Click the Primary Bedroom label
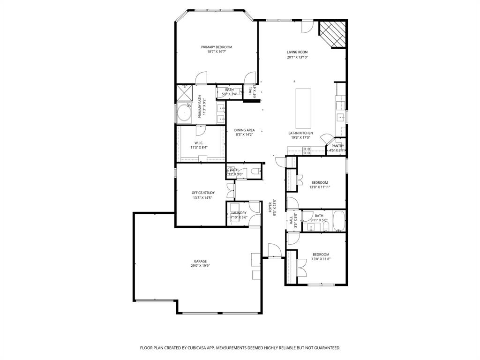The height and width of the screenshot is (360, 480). (x=217, y=47)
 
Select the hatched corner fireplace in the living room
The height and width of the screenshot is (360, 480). (x=333, y=34)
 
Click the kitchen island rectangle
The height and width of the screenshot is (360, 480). (x=303, y=108)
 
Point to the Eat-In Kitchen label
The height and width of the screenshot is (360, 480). (x=300, y=133)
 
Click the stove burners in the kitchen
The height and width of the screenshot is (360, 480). (x=307, y=150)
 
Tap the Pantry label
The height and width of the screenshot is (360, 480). (x=337, y=146)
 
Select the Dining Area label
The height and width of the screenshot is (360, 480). (x=245, y=130)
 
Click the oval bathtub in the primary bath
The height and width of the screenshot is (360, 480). (x=184, y=114)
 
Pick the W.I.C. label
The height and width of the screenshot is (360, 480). (x=199, y=142)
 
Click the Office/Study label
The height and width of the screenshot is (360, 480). (x=203, y=193)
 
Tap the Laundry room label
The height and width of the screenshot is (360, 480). (x=239, y=213)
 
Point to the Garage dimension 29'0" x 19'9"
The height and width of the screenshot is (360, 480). (x=200, y=266)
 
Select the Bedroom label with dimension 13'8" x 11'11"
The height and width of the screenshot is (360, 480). (x=320, y=182)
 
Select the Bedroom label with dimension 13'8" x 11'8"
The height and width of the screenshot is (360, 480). (x=321, y=255)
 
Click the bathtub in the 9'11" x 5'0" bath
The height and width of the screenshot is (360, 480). (x=338, y=221)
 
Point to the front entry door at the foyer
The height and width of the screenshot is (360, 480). (x=271, y=257)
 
